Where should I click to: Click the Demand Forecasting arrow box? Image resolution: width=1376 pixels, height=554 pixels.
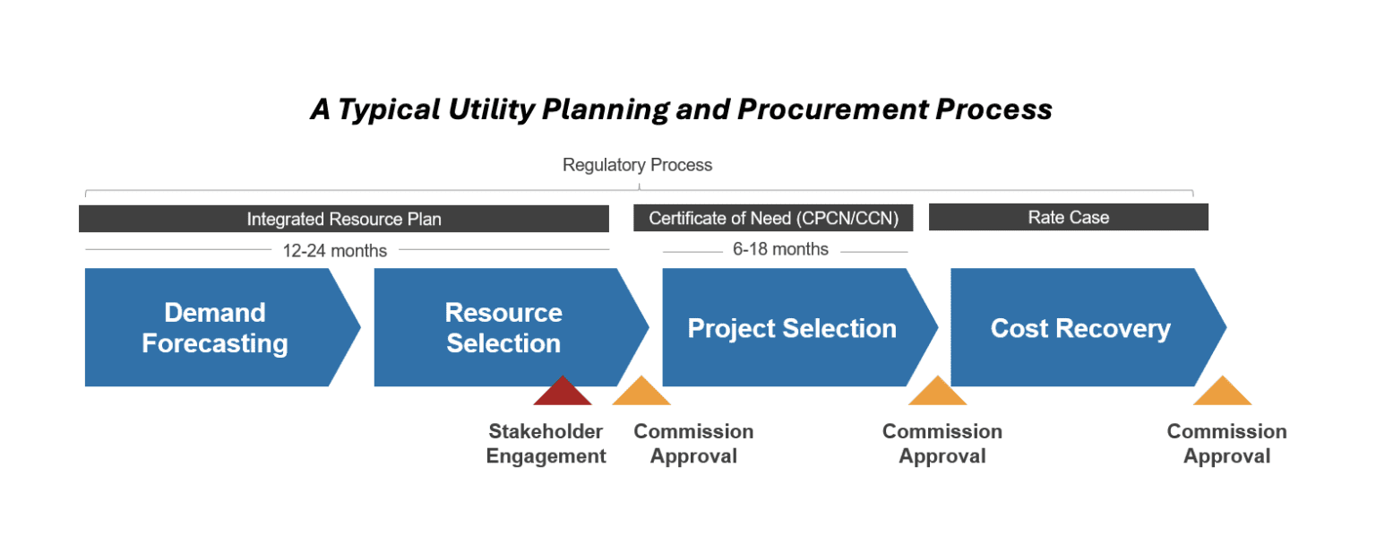pos(215,327)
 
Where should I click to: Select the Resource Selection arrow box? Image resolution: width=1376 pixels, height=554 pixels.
pos(503,327)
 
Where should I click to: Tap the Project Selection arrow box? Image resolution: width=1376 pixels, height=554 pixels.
pos(792,327)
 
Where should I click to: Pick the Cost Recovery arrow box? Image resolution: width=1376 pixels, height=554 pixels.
pos(1080,327)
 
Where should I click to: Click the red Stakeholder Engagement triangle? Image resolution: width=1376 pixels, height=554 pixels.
pos(563,394)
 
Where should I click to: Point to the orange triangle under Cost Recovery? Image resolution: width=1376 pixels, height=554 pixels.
pos(1223,394)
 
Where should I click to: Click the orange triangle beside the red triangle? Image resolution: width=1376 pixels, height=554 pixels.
pos(641,394)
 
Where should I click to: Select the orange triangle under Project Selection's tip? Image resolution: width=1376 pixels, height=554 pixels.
pos(937,394)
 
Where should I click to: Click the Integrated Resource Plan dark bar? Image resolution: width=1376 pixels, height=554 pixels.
pos(344,219)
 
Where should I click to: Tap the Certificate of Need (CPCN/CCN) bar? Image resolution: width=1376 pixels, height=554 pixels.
pos(773,218)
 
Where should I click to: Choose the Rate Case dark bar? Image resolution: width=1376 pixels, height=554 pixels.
pos(1068,217)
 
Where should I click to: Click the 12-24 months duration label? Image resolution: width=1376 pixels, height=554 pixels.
pos(335,251)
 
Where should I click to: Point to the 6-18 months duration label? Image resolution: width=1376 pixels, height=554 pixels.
pos(780,249)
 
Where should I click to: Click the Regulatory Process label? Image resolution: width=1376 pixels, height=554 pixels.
pos(637,165)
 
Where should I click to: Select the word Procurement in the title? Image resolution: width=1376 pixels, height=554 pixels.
pos(832,109)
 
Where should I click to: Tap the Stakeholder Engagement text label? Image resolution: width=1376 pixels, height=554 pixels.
pos(546,444)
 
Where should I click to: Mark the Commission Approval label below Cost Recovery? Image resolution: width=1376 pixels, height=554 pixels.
pos(1226,444)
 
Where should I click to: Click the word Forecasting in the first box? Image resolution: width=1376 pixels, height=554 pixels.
pos(215,343)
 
